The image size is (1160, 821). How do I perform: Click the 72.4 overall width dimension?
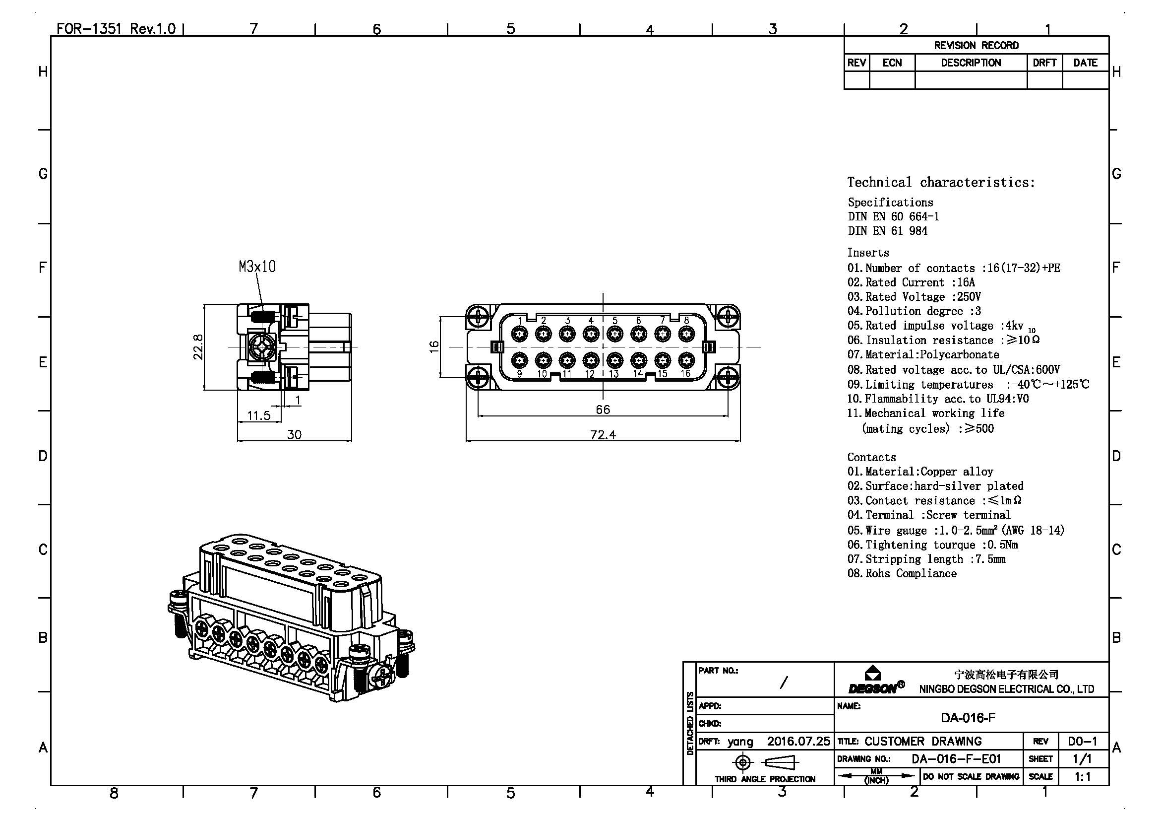603,435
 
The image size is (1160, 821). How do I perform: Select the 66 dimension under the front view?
603,410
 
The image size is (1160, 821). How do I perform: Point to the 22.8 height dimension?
198,347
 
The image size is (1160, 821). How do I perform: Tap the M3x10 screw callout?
257,267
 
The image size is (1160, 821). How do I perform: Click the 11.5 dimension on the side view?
259,415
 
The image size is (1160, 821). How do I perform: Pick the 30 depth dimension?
294,435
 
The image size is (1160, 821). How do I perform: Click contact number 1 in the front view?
519,334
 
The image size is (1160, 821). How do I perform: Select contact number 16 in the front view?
685,360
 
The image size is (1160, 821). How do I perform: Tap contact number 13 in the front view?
614,360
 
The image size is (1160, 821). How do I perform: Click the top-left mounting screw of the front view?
478,318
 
